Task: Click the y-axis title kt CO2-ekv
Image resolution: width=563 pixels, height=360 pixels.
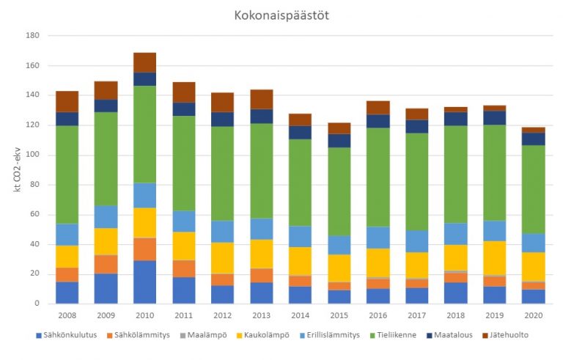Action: pyautogui.click(x=16, y=171)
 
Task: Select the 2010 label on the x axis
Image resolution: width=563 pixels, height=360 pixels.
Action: pyautogui.click(x=144, y=315)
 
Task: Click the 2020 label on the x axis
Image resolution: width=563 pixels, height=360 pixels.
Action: pyautogui.click(x=534, y=315)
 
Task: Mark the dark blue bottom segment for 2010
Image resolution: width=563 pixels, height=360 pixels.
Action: pyautogui.click(x=144, y=282)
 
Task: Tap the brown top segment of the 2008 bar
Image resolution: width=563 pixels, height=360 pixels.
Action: pyautogui.click(x=67, y=101)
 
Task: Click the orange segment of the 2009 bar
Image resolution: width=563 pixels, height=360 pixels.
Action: pyautogui.click(x=106, y=264)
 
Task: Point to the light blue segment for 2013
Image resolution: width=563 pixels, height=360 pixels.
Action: pyautogui.click(x=262, y=229)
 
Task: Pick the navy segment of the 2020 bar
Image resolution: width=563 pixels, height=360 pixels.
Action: pyautogui.click(x=534, y=139)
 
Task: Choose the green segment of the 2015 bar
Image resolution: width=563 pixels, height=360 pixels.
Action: pyautogui.click(x=339, y=191)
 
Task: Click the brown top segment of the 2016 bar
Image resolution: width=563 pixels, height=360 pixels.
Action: pyautogui.click(x=378, y=107)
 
